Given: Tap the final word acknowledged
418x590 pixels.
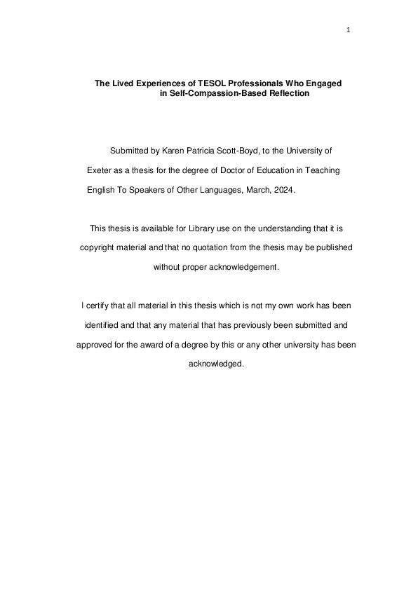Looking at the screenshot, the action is (x=216, y=364).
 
